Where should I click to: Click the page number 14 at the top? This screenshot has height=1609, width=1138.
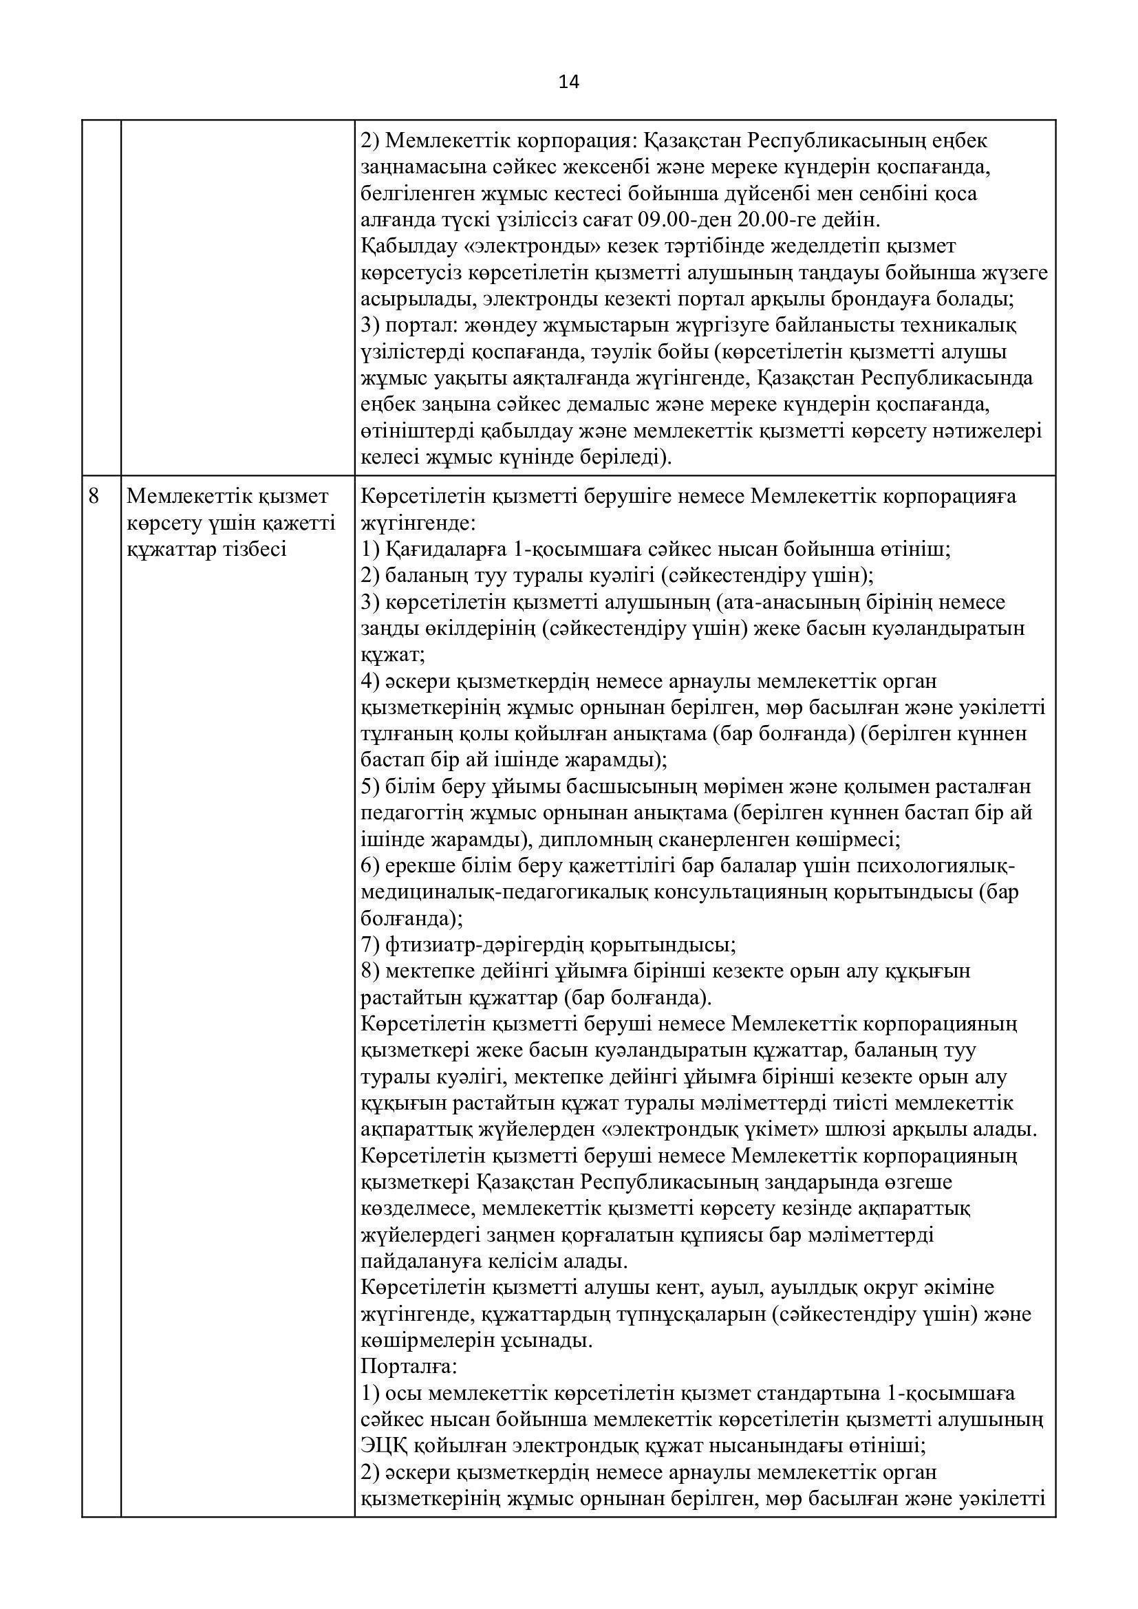click(569, 83)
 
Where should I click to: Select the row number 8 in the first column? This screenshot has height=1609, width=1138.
click(94, 497)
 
